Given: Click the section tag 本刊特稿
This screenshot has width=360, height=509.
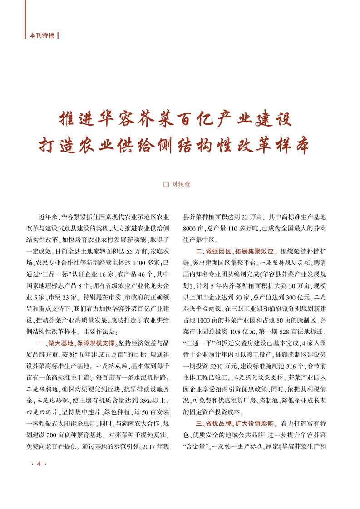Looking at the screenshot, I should (42, 35).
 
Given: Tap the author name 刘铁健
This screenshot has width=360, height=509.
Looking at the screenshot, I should (181, 185).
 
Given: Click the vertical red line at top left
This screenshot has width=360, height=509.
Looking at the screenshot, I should (25, 18).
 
